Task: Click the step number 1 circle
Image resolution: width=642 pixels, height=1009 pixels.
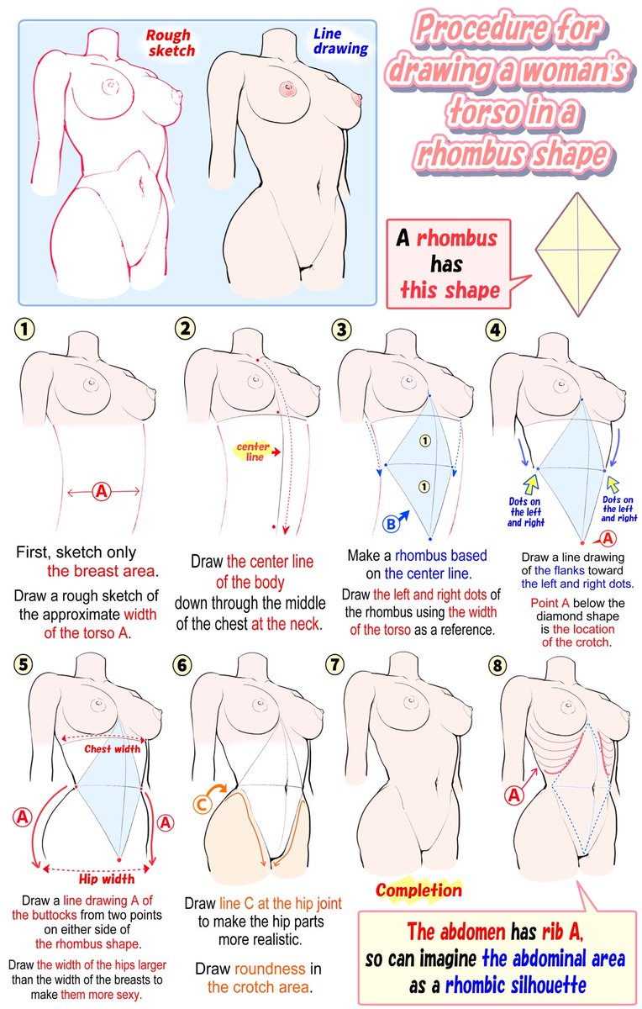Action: (24, 330)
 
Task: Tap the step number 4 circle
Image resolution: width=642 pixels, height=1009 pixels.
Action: (495, 330)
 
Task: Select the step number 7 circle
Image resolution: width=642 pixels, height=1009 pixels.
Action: (335, 664)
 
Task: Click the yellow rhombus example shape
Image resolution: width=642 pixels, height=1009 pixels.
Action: (577, 255)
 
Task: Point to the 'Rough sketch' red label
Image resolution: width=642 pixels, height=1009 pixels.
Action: (170, 43)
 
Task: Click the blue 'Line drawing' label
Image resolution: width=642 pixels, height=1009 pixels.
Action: (341, 41)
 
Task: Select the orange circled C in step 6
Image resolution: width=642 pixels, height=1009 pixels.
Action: (203, 805)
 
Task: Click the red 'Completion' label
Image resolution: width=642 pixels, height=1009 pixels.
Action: (418, 890)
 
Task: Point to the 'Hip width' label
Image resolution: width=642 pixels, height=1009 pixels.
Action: (106, 879)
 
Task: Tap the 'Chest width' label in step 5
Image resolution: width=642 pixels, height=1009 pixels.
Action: (112, 749)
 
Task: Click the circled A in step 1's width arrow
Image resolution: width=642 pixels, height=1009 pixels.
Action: (102, 491)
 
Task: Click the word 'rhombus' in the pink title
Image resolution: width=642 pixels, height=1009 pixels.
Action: (471, 153)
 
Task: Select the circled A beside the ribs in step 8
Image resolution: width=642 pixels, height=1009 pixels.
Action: (514, 795)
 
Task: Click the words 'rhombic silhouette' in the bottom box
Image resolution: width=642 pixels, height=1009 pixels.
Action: (515, 985)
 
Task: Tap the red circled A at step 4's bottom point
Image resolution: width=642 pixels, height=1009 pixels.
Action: (608, 538)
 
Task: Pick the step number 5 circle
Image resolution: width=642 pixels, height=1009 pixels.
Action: (24, 665)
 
